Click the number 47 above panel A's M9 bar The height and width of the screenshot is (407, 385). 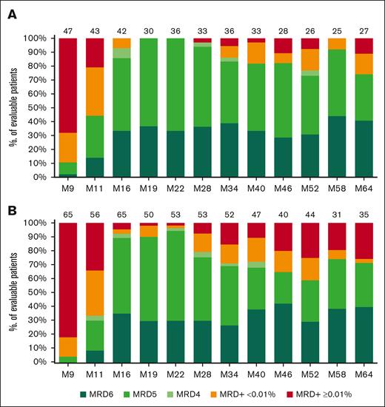68,30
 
